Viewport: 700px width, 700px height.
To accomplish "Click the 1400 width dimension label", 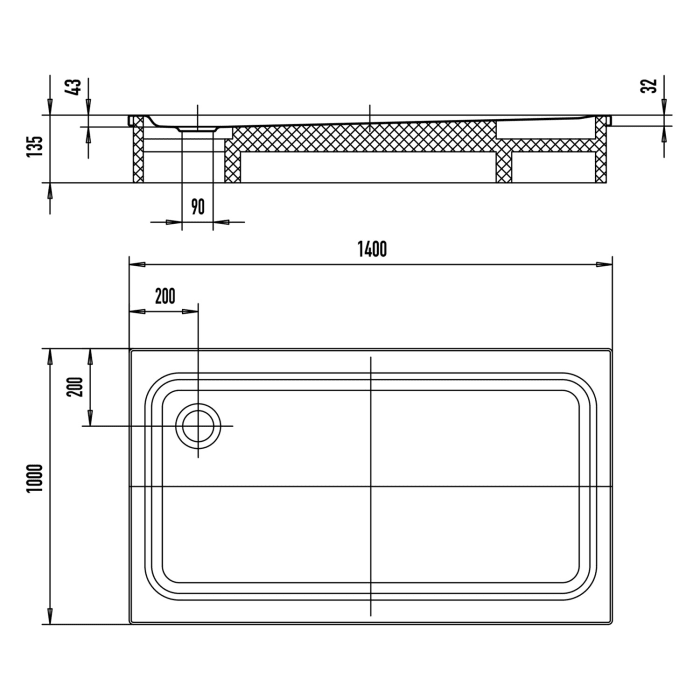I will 370,250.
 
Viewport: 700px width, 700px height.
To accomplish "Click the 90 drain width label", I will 197,207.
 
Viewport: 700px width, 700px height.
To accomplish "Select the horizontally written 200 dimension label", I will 165,295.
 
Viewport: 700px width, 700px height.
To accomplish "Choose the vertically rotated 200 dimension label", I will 73,386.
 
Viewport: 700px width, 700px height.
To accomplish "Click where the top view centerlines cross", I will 370,487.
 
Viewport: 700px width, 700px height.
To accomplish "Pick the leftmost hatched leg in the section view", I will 138,155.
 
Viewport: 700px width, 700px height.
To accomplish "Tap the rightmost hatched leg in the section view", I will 601,155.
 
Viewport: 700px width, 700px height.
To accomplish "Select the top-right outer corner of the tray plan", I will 611,350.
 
